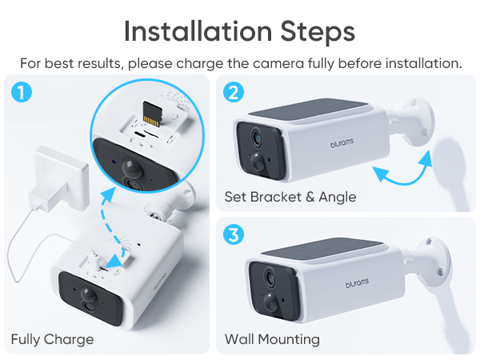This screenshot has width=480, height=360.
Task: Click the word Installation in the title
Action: (198, 31)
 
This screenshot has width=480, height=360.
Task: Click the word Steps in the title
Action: (318, 32)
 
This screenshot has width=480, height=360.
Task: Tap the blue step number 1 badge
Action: (22, 92)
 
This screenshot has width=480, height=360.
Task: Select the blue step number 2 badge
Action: (234, 92)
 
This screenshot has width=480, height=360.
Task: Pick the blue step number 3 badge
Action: (234, 234)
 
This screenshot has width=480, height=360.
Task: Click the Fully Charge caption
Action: (52, 339)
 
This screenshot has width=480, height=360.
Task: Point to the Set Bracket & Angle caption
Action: (290, 197)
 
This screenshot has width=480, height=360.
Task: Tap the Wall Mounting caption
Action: (272, 339)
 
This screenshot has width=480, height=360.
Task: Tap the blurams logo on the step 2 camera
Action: (342, 142)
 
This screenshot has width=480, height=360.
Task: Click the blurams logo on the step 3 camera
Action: (357, 283)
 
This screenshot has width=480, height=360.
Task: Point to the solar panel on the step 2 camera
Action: (308, 110)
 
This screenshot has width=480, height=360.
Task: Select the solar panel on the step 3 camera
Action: (322, 249)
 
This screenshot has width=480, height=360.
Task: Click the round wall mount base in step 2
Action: (418, 122)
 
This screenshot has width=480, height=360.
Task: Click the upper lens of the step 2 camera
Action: (257, 137)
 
